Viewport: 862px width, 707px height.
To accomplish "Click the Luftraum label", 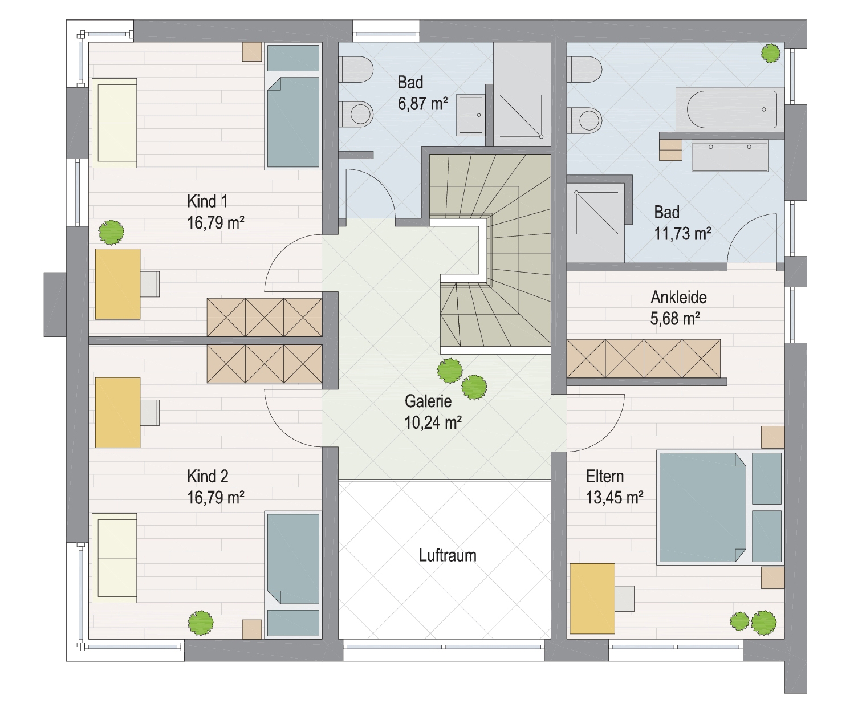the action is pos(448,556).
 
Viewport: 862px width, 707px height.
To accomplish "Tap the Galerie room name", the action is pos(428,401).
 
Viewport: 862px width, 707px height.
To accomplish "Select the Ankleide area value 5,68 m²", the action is pos(674,319).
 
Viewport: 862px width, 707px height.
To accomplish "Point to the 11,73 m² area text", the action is pos(682,234).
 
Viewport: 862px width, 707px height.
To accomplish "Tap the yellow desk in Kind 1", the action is pos(117,284).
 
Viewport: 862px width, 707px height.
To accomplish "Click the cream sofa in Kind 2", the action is pos(115,558).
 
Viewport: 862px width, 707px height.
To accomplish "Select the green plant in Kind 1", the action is pos(111,233).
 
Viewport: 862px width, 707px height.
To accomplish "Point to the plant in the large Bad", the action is pos(771,54).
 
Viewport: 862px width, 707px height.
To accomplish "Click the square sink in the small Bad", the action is pos(471,115).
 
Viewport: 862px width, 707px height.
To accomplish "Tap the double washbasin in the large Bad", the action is pos(730,156).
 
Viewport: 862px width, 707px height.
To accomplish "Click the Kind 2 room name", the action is pos(208,476).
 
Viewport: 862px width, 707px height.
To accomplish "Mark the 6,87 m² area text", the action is pos(422,104).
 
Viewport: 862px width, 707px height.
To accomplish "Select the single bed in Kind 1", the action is pos(293,106).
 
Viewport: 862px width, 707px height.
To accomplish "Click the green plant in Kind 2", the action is pos(200,623).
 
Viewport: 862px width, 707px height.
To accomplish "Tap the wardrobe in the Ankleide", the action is pos(644,359).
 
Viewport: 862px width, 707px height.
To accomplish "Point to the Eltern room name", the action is pos(605,477).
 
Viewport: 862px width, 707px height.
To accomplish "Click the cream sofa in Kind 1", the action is pos(115,123).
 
